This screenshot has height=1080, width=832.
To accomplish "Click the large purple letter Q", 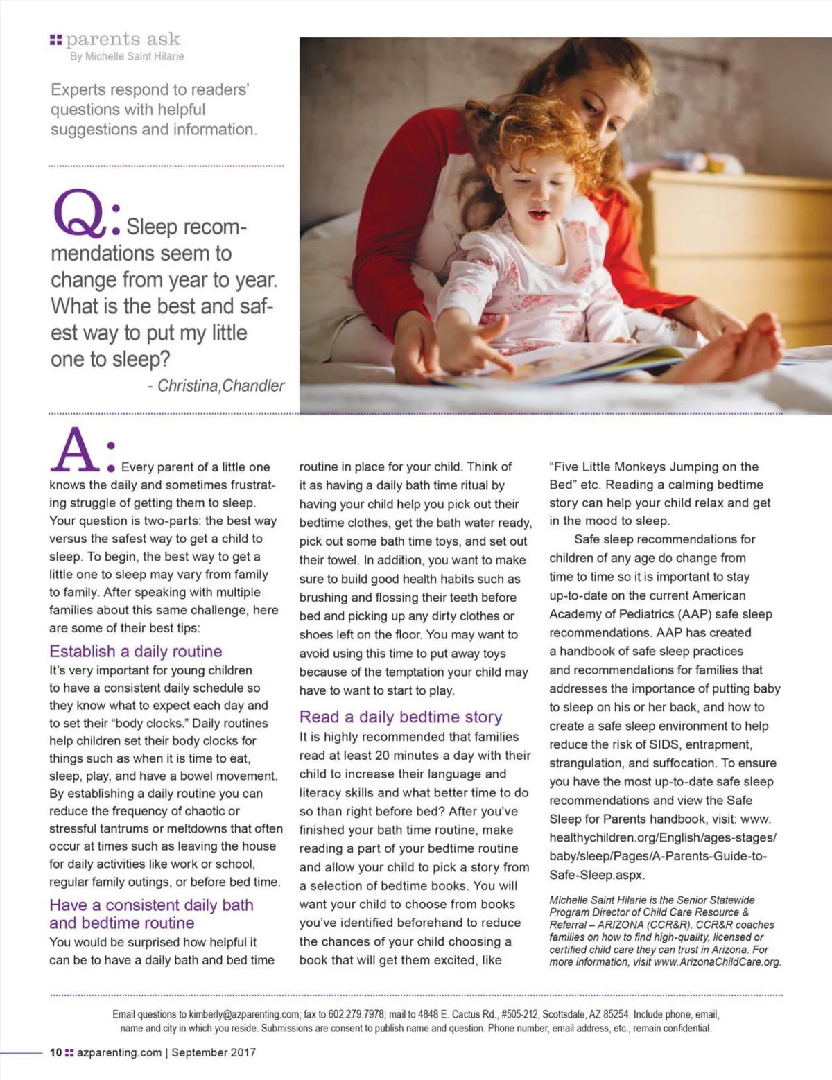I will point(78,213).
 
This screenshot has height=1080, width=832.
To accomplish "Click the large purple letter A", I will point(74,451).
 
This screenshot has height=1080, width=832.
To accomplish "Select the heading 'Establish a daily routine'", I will point(136,652).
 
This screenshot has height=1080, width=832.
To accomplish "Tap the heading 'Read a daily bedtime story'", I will point(401,717).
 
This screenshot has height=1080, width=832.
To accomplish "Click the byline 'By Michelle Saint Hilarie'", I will point(127,57).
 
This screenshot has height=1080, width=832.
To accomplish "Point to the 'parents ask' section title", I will point(123,39).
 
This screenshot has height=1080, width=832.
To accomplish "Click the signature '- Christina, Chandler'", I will point(216,386).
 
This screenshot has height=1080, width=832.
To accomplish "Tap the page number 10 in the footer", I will point(55,1052).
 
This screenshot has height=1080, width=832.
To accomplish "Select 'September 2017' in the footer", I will point(214,1052).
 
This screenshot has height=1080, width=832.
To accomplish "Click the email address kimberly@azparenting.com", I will point(244,1014).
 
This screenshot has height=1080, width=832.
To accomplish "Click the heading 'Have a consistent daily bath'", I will point(151,905).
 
